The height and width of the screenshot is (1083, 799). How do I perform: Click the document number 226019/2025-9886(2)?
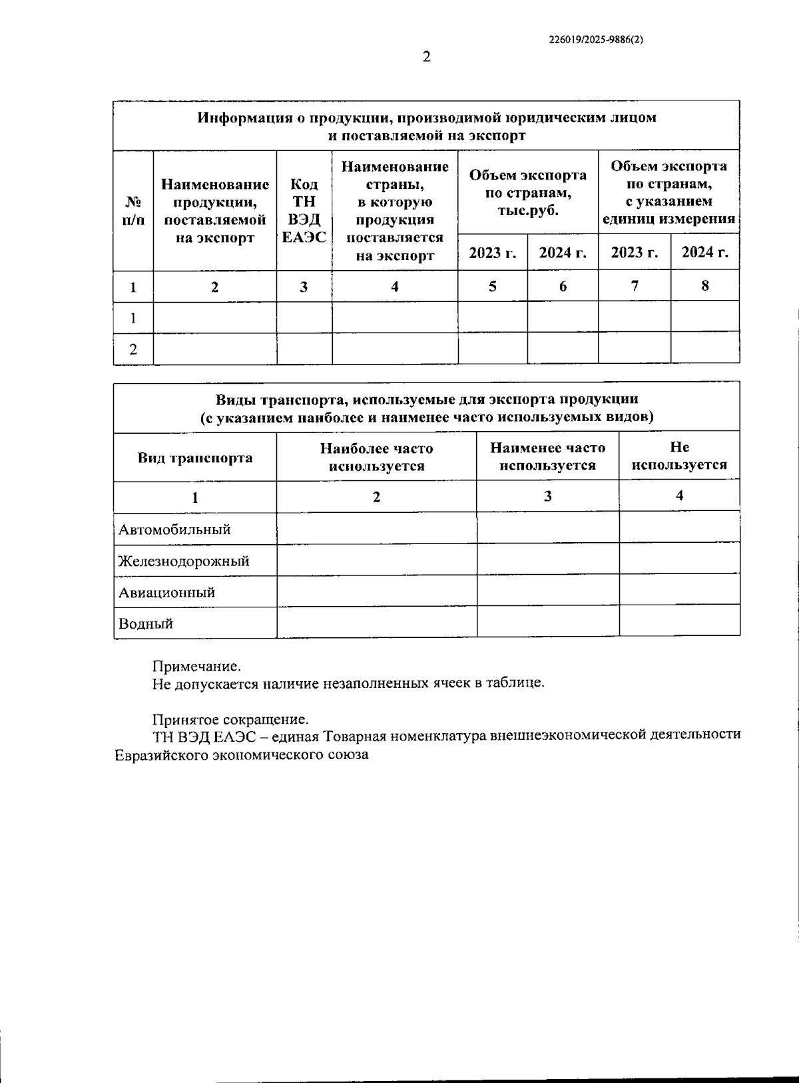pyautogui.click(x=595, y=39)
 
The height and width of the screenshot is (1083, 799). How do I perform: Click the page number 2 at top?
pyautogui.click(x=427, y=57)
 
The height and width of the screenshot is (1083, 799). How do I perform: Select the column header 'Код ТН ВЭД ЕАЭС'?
pyautogui.click(x=304, y=211)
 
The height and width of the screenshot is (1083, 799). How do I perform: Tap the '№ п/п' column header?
pyautogui.click(x=133, y=211)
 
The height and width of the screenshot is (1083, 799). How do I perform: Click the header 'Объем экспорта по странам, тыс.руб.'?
pyautogui.click(x=528, y=193)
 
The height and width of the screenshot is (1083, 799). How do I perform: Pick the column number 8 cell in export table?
pyautogui.click(x=705, y=286)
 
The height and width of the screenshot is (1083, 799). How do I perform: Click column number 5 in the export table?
pyautogui.click(x=493, y=286)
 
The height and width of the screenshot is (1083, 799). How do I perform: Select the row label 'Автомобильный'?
pyautogui.click(x=174, y=530)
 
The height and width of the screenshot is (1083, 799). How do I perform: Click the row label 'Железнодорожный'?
pyautogui.click(x=184, y=561)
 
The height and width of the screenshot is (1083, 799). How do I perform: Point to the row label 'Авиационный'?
pyautogui.click(x=166, y=592)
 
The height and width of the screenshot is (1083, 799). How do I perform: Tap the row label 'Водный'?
pyautogui.click(x=146, y=623)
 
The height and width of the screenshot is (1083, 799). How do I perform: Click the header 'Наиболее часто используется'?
pyautogui.click(x=376, y=457)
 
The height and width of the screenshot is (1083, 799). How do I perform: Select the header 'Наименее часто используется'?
pyautogui.click(x=547, y=456)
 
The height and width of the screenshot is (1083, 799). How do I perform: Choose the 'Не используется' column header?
pyautogui.click(x=679, y=456)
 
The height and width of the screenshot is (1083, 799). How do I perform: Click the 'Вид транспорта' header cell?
pyautogui.click(x=195, y=458)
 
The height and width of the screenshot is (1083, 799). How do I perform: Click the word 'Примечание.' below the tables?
pyautogui.click(x=196, y=666)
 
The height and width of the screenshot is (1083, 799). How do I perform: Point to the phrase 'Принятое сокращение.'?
pyautogui.click(x=230, y=719)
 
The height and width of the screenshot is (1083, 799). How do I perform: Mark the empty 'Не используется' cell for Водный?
pyautogui.click(x=679, y=621)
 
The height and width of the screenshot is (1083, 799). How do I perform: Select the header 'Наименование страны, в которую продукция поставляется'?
pyautogui.click(x=395, y=211)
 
